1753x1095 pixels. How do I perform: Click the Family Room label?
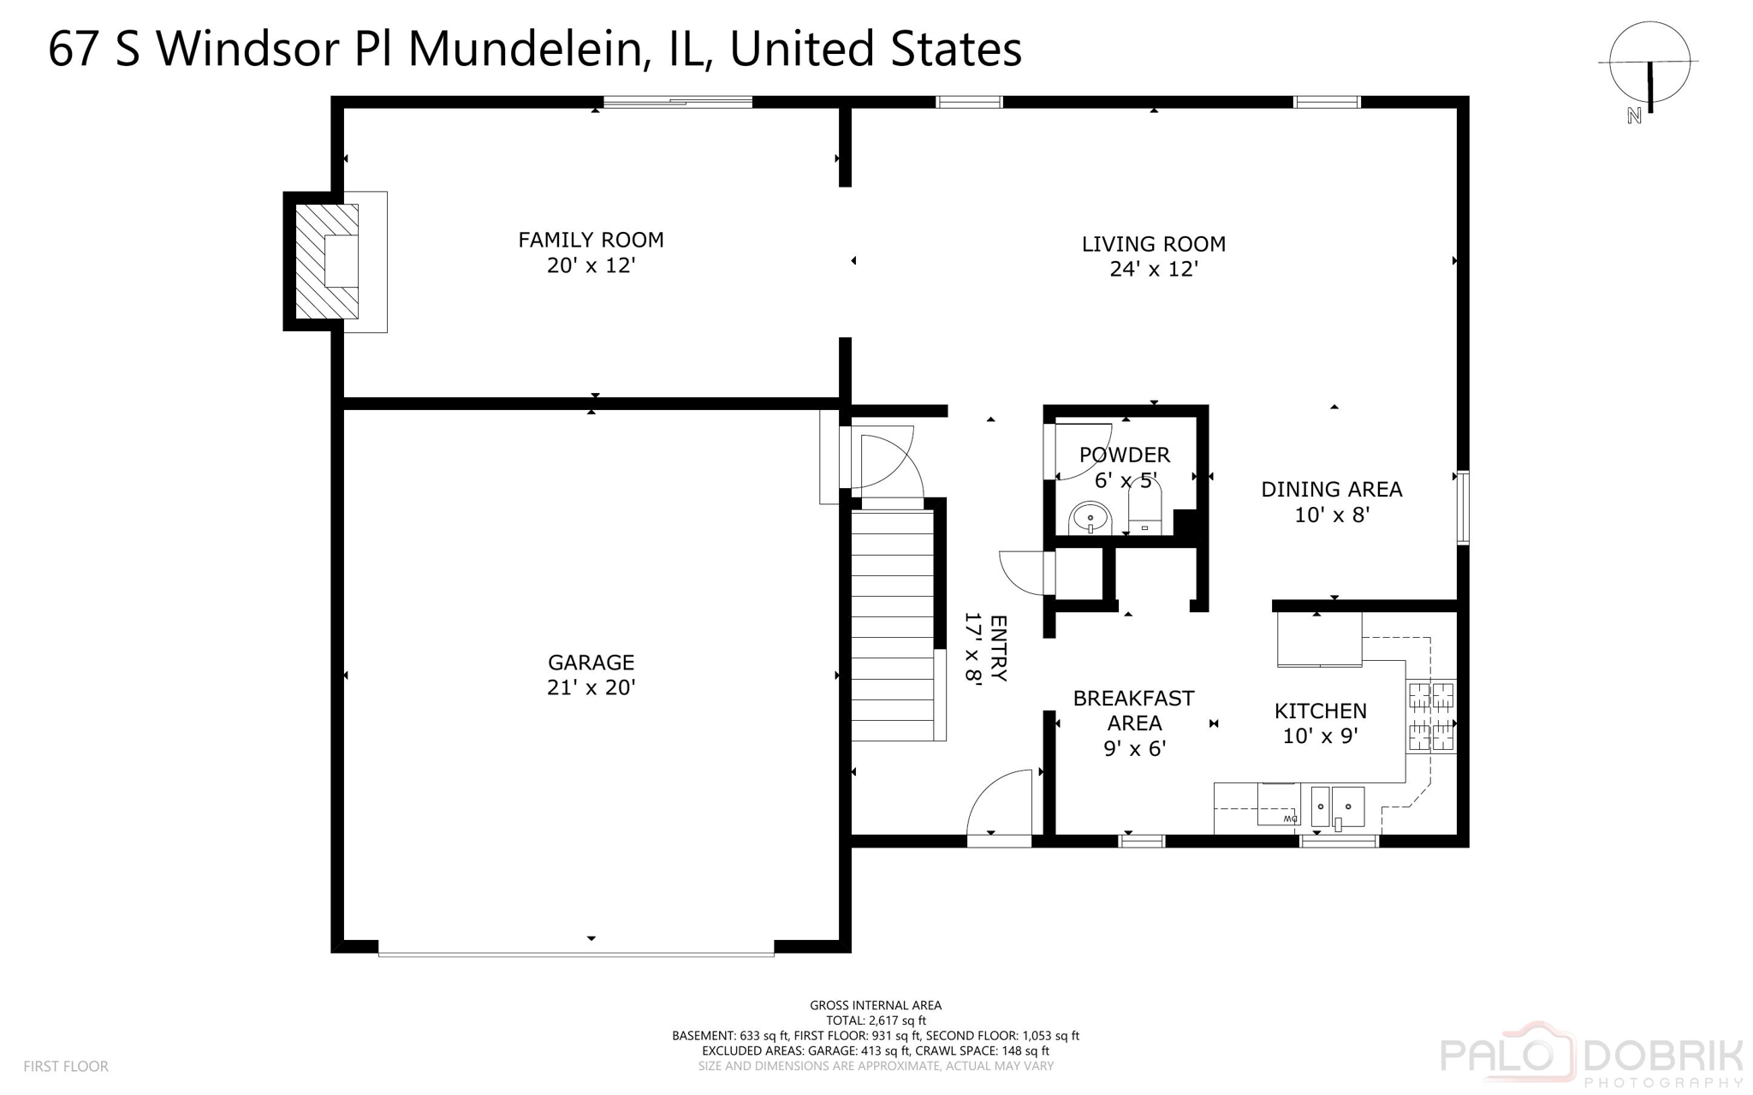(x=591, y=240)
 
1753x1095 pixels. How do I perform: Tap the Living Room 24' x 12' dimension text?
(x=1153, y=270)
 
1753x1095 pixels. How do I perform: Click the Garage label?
(x=591, y=663)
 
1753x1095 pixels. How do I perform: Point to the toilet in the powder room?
(x=1145, y=509)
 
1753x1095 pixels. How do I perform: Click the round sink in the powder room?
(x=1090, y=519)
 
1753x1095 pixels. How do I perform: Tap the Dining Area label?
(x=1331, y=490)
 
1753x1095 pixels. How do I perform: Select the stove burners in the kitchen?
(x=1431, y=717)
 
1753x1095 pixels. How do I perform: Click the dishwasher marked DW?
(x=1278, y=806)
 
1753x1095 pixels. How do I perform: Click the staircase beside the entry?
(x=892, y=625)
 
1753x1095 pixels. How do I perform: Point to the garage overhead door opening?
(x=576, y=951)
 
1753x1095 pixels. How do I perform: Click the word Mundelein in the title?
(x=525, y=49)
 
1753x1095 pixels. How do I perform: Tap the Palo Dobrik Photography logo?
(x=1591, y=1055)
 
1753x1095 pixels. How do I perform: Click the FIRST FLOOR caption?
(x=66, y=1067)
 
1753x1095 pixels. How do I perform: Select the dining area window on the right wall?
(x=1463, y=507)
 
